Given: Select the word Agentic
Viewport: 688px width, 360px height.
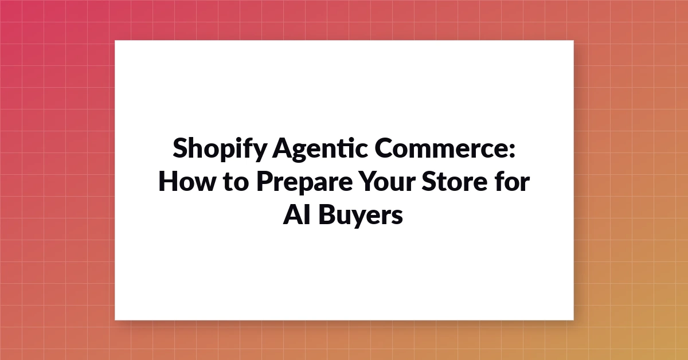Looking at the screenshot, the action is coord(320,149).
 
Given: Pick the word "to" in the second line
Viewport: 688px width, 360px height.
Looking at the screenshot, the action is coord(236,182).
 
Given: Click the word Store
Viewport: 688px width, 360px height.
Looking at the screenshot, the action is coord(455,181).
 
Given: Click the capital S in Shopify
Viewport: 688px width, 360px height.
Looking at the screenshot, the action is coord(179,148).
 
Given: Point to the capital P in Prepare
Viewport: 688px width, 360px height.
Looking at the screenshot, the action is coord(264,181).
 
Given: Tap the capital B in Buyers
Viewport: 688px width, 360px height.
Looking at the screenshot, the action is coord(326,214).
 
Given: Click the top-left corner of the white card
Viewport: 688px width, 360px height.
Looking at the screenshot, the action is coord(115,41).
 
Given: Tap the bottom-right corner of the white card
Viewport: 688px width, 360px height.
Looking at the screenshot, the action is coord(574,320).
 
